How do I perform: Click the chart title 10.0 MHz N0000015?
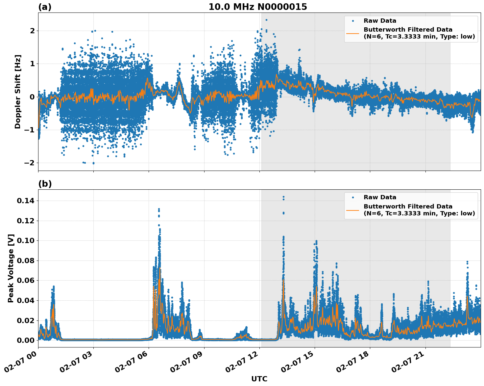click(x=257, y=7)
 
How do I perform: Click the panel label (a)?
click(x=45, y=7)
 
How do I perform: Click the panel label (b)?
click(x=45, y=184)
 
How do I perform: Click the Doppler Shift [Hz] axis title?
click(x=18, y=92)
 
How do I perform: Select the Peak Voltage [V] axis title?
click(x=11, y=268)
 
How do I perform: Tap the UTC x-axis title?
click(x=259, y=379)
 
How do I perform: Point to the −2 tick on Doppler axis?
click(x=30, y=163)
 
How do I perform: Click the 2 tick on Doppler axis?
click(x=32, y=31)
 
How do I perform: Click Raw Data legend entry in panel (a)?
click(x=380, y=21)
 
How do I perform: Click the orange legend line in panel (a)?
click(x=352, y=33)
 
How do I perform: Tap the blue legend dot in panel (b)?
click(x=353, y=197)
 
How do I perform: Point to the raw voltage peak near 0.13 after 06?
click(x=159, y=209)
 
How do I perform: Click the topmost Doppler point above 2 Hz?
click(x=266, y=20)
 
